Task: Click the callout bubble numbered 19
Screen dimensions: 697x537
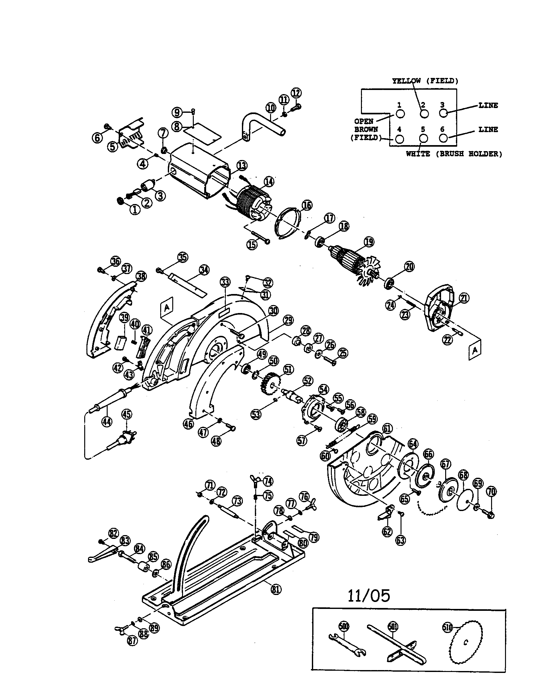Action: tap(369, 242)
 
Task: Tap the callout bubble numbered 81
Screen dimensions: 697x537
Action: tap(276, 589)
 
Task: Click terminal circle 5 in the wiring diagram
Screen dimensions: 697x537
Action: tap(423, 138)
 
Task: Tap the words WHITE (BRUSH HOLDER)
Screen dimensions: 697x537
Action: tap(454, 154)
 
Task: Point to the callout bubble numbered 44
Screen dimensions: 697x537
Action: tap(107, 422)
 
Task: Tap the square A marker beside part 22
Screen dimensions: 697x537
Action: tap(475, 350)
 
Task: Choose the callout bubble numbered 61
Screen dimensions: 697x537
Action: tap(387, 429)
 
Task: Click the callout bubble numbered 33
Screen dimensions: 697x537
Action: tap(225, 282)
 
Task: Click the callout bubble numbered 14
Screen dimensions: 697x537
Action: tap(269, 182)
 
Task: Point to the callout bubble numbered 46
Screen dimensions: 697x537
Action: tap(188, 424)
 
